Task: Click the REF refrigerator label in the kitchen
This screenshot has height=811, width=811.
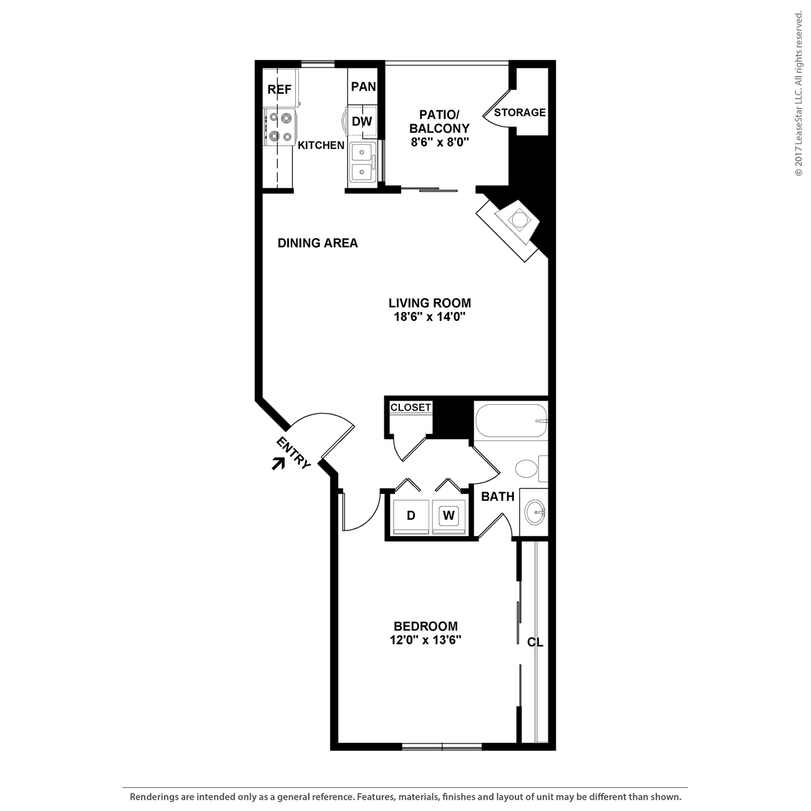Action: point(279,89)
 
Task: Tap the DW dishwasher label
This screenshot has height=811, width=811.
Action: point(362,121)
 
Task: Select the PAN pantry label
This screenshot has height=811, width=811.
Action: point(363,86)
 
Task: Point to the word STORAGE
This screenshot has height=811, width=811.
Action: point(520,112)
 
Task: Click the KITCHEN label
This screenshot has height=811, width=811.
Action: point(321,145)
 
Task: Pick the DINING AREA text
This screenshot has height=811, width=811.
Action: point(318,243)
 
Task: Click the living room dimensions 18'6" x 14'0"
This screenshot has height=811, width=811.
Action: point(429,316)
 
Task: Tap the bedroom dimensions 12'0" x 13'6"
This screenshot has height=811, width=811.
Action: point(425,640)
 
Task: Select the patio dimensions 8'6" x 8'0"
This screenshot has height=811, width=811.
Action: point(440,142)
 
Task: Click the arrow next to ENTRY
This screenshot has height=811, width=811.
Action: point(278,463)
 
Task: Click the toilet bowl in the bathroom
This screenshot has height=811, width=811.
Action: point(526,469)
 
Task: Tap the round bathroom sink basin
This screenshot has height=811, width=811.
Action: point(535,512)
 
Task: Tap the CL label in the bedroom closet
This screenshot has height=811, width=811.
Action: point(535,642)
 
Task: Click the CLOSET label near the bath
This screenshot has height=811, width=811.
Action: point(410,407)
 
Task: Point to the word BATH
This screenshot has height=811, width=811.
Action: point(498,497)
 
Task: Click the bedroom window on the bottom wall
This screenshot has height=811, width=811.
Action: point(442,746)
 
